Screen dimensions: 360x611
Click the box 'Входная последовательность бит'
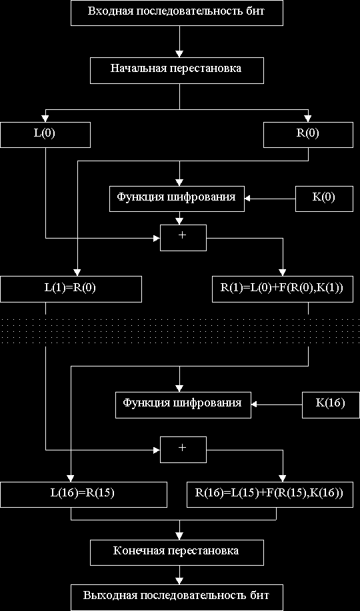(x=177, y=13)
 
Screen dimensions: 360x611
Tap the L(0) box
(x=45, y=135)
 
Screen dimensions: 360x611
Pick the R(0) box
(x=308, y=135)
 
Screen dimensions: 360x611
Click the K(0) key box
(x=323, y=199)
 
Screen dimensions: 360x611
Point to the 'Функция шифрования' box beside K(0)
(x=177, y=199)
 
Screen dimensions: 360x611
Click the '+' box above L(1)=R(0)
(x=183, y=238)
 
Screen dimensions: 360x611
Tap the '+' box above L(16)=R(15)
(x=183, y=450)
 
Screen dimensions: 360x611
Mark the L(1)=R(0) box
(x=71, y=289)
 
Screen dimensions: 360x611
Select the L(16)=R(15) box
(x=83, y=495)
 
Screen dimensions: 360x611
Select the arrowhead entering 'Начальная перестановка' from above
(x=179, y=54)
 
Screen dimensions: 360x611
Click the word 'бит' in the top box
(x=257, y=11)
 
